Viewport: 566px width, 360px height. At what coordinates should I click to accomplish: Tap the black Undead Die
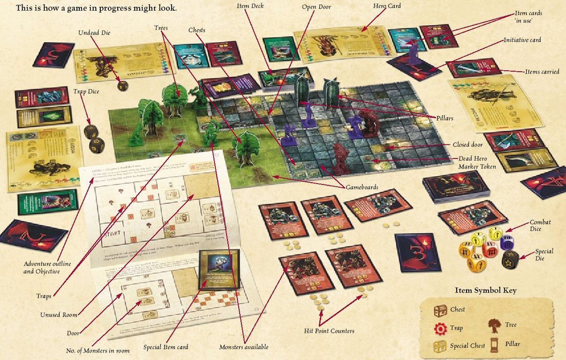pos(122,85)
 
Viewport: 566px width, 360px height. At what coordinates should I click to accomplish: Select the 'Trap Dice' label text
pos(86,91)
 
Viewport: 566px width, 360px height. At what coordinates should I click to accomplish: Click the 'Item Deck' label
pos(250,6)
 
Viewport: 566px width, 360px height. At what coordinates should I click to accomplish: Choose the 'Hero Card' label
pos(387,6)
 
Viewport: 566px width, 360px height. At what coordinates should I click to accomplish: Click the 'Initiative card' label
pos(522,40)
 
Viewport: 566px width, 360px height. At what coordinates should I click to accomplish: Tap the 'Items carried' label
pos(542,72)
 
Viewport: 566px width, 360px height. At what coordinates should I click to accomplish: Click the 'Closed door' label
pos(468,145)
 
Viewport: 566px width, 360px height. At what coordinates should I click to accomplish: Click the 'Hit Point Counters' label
pos(329,331)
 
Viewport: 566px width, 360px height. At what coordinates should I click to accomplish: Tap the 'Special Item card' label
pos(166,347)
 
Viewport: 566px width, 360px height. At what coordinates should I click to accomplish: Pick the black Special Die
pos(510,259)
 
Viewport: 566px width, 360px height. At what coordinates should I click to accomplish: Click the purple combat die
pos(507,242)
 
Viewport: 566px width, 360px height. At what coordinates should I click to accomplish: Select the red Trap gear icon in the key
pos(440,329)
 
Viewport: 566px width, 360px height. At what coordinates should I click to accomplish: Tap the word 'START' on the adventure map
pos(115,233)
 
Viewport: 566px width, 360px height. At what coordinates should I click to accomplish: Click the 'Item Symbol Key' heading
pos(485,290)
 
